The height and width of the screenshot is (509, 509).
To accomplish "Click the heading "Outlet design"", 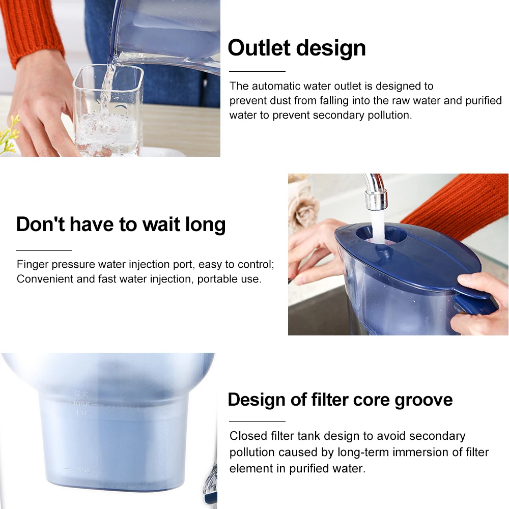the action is (297, 48).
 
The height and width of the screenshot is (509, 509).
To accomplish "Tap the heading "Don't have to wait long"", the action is (121, 224).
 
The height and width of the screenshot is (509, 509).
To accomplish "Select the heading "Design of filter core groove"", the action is (340, 400).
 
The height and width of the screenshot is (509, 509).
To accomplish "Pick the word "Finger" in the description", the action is (33, 265).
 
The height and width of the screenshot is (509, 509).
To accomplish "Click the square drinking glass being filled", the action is (108, 110).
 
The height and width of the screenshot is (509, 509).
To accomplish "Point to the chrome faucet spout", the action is (375, 191).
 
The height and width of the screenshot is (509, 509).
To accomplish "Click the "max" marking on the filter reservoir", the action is (81, 404).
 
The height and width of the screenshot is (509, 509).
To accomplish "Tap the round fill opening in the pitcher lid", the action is (381, 234).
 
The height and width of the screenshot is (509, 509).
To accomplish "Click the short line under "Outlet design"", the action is (257, 71).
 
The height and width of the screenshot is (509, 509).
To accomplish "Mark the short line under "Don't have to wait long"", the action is (44, 250).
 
